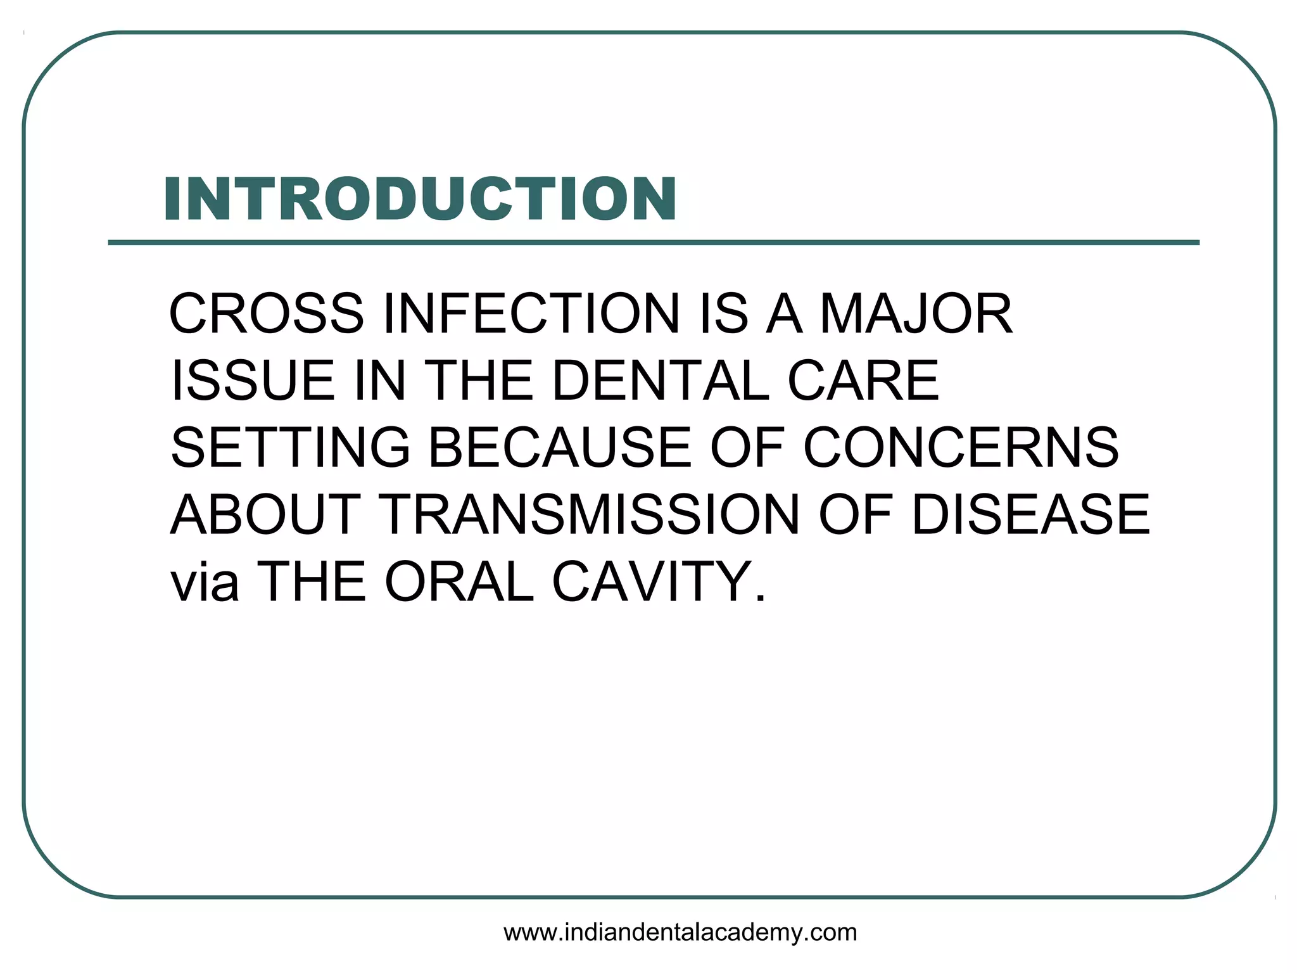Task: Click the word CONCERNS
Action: pyautogui.click(x=961, y=447)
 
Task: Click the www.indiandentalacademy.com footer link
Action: pyautogui.click(x=680, y=932)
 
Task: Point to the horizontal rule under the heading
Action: pyautogui.click(x=654, y=243)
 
